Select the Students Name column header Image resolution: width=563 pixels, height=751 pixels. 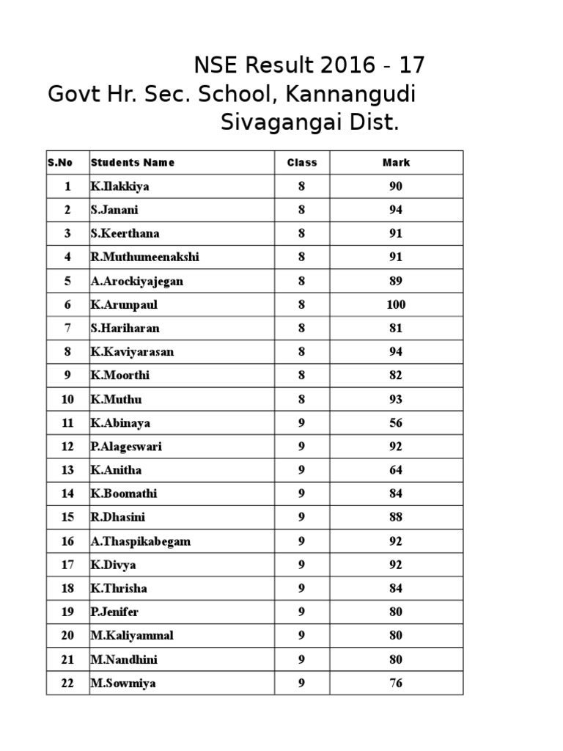pyautogui.click(x=133, y=163)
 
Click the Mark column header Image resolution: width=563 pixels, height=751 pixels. pyautogui.click(x=396, y=163)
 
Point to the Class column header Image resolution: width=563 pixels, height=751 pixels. pyautogui.click(x=301, y=163)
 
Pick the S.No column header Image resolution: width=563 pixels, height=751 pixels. pyautogui.click(x=60, y=163)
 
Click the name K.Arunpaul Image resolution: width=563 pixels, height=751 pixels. pyautogui.click(x=124, y=304)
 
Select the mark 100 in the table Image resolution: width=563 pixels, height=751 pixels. pyautogui.click(x=396, y=304)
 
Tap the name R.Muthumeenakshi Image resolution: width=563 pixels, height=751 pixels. pyautogui.click(x=145, y=257)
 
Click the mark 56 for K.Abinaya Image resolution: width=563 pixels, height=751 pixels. pyautogui.click(x=396, y=423)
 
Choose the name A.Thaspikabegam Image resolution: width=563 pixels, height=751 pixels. pyautogui.click(x=141, y=542)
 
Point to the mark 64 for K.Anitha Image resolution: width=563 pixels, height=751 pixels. pyautogui.click(x=396, y=470)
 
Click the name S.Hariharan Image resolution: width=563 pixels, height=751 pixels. pyautogui.click(x=125, y=329)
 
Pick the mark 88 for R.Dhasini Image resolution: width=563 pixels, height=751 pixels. pyautogui.click(x=396, y=518)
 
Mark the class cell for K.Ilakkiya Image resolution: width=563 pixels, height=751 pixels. pyautogui.click(x=301, y=186)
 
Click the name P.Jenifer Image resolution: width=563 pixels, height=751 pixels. pyautogui.click(x=114, y=612)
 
